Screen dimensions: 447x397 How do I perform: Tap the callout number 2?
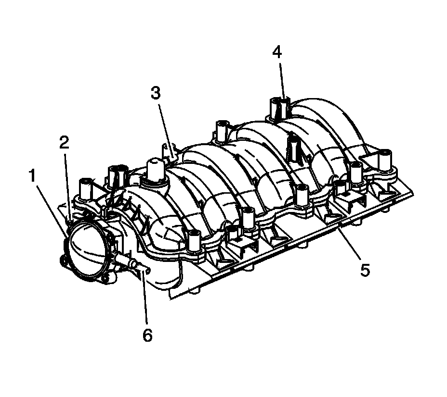64,142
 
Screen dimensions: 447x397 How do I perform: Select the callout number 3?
155,94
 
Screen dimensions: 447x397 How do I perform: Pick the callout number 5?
365,270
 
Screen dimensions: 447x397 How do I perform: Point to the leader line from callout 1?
51,207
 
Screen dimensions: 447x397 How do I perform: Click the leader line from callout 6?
144,298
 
